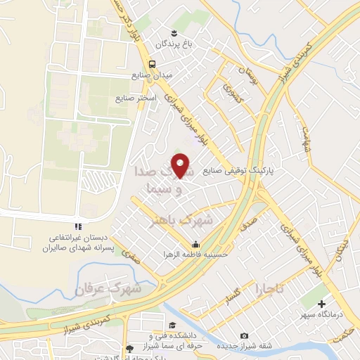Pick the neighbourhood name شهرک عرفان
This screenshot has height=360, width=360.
pos(108,289)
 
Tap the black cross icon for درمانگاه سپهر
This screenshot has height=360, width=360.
pos(321,305)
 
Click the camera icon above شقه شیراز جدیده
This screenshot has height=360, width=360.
pos(244,336)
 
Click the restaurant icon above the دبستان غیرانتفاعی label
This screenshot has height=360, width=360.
pos(78,226)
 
